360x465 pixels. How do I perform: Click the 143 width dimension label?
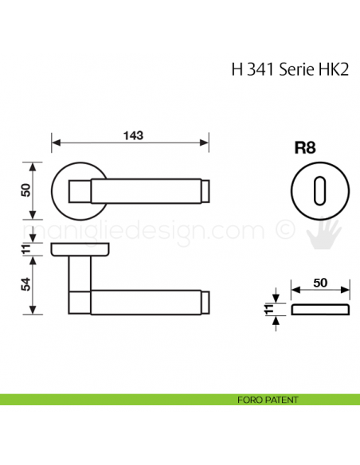(x=132, y=135)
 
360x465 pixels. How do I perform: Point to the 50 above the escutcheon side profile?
(x=320, y=283)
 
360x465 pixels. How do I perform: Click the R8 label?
(x=305, y=147)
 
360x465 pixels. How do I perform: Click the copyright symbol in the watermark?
(x=284, y=230)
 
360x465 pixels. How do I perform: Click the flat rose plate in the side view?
(x=80, y=250)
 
